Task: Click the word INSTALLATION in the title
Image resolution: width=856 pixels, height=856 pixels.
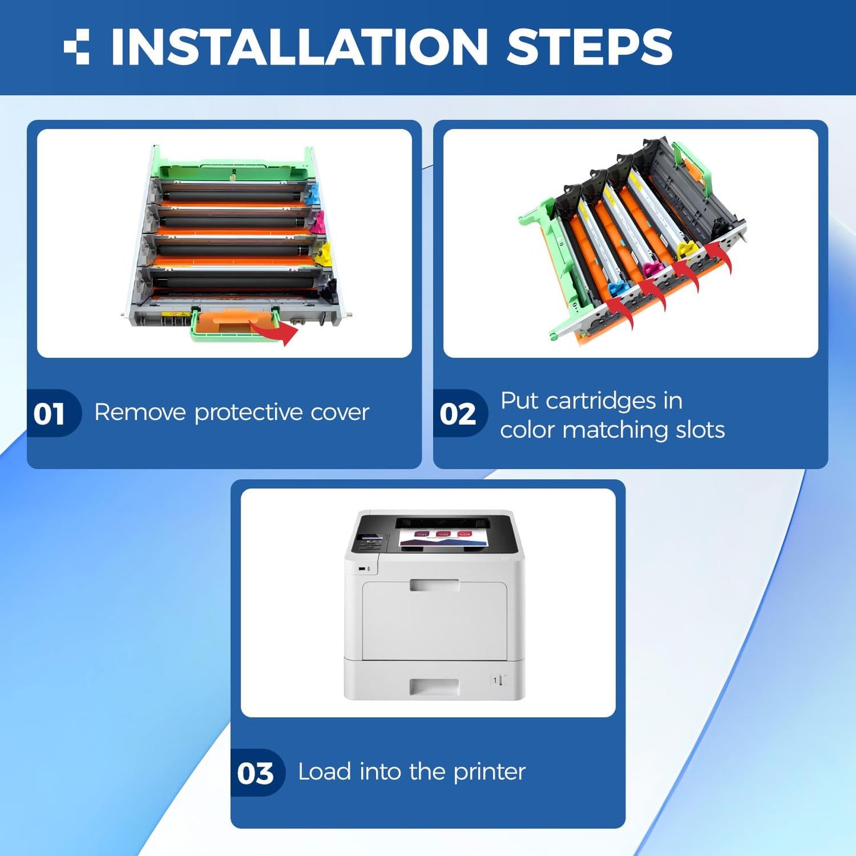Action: point(299,47)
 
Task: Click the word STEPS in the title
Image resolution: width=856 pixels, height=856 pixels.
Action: point(589,47)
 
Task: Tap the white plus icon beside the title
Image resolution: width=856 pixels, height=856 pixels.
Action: point(76,47)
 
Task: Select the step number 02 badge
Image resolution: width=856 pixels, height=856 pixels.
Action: point(457,413)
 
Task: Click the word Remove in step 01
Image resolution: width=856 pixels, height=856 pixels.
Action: point(140,412)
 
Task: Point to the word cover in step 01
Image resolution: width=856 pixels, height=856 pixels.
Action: point(340,413)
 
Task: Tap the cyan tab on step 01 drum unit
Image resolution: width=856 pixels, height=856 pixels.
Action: point(313,194)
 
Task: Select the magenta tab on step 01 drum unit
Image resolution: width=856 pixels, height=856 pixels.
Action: point(318,223)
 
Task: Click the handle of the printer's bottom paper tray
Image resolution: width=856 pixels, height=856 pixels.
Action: point(434,687)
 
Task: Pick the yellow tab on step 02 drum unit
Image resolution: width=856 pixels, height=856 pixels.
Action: point(687,246)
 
